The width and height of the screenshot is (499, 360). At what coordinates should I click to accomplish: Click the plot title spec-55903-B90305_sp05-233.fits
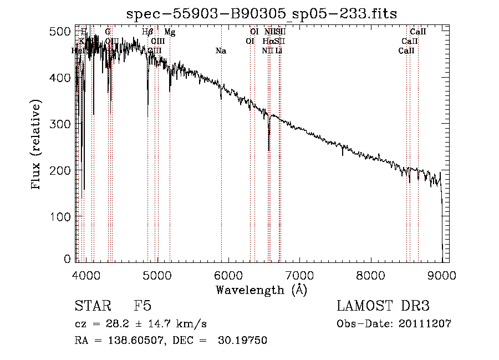pyautogui.click(x=261, y=14)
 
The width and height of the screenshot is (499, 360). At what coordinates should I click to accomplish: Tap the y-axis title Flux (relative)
pyautogui.click(x=37, y=145)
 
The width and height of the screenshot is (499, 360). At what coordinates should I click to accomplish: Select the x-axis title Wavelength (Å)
pyautogui.click(x=261, y=290)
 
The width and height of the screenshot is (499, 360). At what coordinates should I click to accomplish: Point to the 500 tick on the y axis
pyautogui.click(x=65, y=32)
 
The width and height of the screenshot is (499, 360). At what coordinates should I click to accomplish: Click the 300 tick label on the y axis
pyautogui.click(x=65, y=124)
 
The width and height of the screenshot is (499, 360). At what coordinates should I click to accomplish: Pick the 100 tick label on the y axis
pyautogui.click(x=65, y=215)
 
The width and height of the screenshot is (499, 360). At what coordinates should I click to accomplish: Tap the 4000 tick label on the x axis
pyautogui.click(x=86, y=275)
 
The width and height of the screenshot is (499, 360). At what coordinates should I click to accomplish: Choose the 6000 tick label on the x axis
pyautogui.click(x=228, y=275)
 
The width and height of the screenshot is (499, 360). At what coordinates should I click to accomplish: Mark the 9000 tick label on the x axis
pyautogui.click(x=442, y=275)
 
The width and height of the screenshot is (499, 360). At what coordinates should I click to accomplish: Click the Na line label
pyautogui.click(x=221, y=51)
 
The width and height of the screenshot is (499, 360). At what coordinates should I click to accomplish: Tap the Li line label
pyautogui.click(x=279, y=51)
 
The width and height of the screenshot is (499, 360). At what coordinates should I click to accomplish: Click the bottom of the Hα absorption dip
pyautogui.click(x=269, y=150)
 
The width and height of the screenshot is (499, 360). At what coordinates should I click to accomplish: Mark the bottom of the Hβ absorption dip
pyautogui.click(x=148, y=104)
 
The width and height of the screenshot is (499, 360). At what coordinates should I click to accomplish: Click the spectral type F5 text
pyautogui.click(x=142, y=306)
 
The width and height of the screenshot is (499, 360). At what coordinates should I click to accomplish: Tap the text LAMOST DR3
pyautogui.click(x=383, y=306)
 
